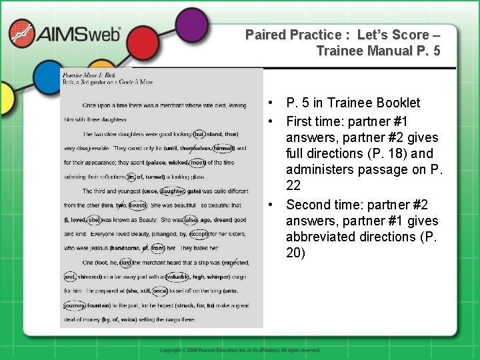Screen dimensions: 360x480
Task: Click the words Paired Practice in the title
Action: [x=293, y=34]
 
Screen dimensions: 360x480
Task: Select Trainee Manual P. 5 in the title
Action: [x=378, y=51]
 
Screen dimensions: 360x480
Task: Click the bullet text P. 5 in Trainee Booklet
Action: [x=353, y=103]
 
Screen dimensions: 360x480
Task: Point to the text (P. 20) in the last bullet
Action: [x=296, y=253]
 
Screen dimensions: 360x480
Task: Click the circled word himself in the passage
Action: [x=223, y=148]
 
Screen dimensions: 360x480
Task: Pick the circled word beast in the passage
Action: [x=138, y=205]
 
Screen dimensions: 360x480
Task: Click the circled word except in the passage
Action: [x=199, y=234]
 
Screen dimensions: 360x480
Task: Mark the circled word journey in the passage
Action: [x=75, y=305]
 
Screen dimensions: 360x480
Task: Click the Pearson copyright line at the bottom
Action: [x=239, y=350]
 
